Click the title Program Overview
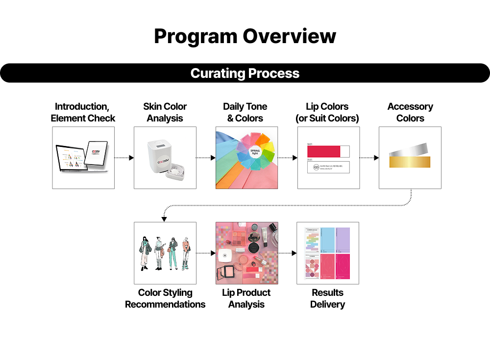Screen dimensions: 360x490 point(245,36)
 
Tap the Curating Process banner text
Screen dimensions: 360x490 point(245,73)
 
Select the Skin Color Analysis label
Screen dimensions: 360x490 point(165,112)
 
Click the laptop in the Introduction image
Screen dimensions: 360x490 point(72,159)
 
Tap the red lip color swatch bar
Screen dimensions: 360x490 point(323,151)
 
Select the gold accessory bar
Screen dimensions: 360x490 point(409,162)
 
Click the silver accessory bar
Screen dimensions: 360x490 point(409,148)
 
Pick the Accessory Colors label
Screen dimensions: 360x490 point(410,112)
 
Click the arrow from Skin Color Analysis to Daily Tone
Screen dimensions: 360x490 point(206,158)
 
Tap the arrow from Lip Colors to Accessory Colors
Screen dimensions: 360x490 point(369,158)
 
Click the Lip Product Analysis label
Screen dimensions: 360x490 point(246,298)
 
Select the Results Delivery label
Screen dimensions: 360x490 point(327,298)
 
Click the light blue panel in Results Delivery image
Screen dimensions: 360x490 point(328,239)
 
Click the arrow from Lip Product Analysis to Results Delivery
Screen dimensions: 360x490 point(288,253)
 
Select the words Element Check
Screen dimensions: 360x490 point(83,118)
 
